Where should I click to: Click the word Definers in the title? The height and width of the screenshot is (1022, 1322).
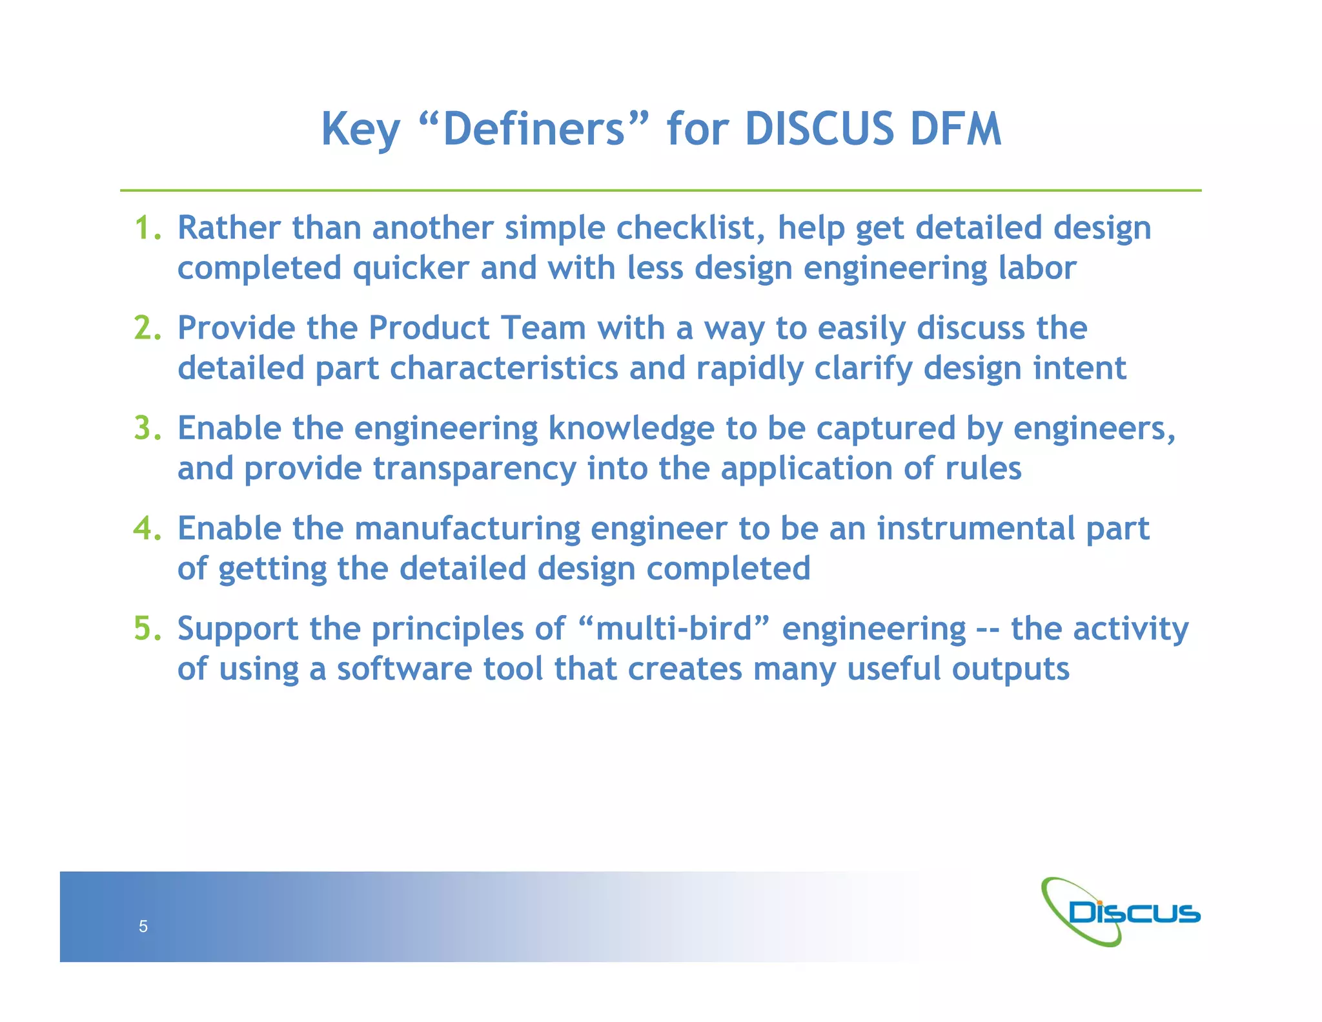pyautogui.click(x=534, y=129)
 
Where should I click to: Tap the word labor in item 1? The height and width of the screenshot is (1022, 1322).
pyautogui.click(x=1037, y=268)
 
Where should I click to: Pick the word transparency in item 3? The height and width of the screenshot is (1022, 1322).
pyautogui.click(x=474, y=469)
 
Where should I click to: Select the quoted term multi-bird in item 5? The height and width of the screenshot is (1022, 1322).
pyautogui.click(x=674, y=629)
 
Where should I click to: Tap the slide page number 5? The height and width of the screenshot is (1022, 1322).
pyautogui.click(x=143, y=926)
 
